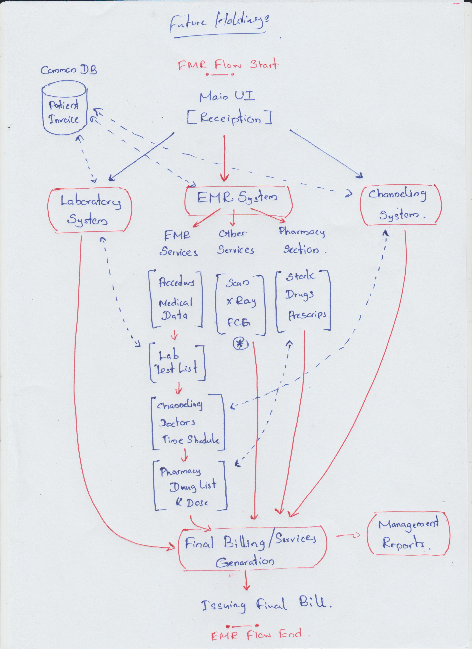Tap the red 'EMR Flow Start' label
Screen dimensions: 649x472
point(227,65)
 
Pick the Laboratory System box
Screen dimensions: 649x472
point(90,211)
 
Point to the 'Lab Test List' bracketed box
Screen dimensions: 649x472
point(178,363)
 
